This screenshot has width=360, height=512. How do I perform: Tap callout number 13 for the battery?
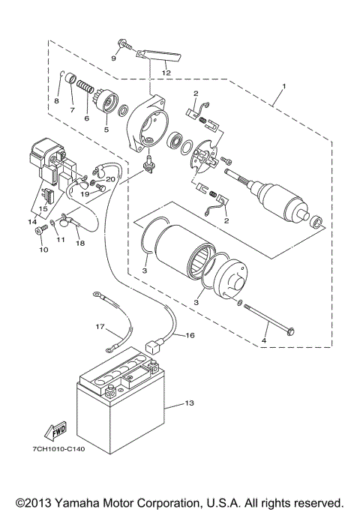[189, 404]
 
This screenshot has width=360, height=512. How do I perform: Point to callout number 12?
[166, 72]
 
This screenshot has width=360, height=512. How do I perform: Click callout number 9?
[114, 58]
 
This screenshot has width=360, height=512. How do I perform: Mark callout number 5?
[106, 129]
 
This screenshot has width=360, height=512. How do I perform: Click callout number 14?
[31, 223]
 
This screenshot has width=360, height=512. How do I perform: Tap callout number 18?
[81, 244]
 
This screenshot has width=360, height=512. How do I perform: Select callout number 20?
[110, 179]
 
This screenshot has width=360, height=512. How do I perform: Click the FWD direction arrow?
[55, 431]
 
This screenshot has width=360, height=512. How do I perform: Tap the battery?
[120, 405]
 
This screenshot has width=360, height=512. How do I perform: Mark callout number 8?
[56, 100]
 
